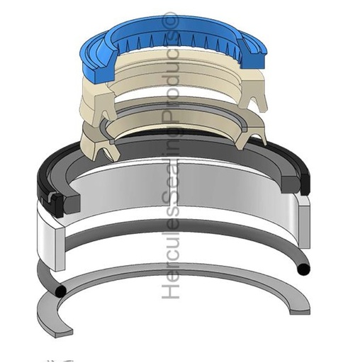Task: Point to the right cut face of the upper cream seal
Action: pos(252,94)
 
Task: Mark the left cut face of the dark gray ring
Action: pos(72,203)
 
